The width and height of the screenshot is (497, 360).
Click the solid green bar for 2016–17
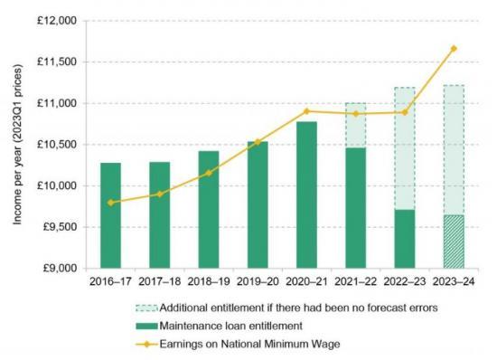110,215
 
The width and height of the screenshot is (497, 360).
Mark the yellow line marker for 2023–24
454,48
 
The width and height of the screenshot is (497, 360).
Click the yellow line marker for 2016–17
110,203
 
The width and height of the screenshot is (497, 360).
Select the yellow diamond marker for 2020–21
306,111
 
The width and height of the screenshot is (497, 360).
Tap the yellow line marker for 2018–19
209,173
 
